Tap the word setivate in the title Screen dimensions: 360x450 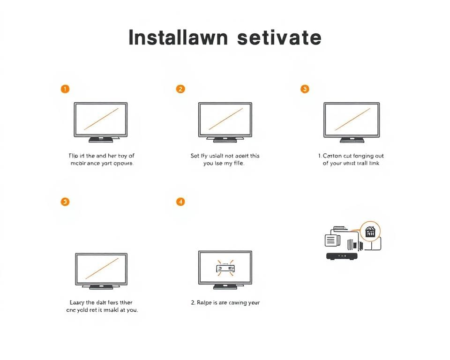pos(279,37)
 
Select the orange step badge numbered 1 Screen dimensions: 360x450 pos(65,89)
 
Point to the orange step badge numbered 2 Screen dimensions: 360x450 pos(180,89)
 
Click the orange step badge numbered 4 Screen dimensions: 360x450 pos(180,202)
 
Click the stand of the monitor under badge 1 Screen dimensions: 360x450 pos(101,139)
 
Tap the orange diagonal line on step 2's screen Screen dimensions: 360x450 pos(225,119)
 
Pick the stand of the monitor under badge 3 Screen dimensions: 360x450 pos(352,139)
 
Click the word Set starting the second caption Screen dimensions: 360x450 pos(195,156)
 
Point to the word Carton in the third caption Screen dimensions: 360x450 pos(332,156)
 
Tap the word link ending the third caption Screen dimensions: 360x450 pos(374,164)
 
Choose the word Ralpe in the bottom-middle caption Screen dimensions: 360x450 pos(205,302)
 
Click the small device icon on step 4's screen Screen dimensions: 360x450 pos(225,268)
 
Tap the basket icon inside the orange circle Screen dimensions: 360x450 pos(370,232)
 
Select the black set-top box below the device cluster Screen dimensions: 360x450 pos(342,256)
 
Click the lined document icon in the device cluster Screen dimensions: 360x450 pos(331,240)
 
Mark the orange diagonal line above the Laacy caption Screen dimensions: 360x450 pos(101,269)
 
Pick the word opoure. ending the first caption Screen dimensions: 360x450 pos(124,164)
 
